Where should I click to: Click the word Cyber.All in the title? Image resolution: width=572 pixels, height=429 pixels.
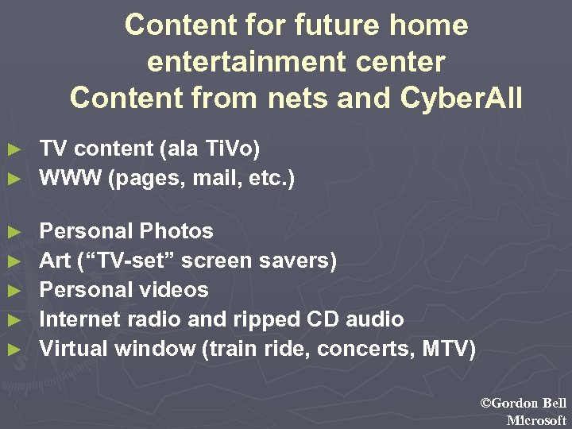tap(462, 99)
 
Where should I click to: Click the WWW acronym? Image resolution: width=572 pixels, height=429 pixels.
tap(71, 178)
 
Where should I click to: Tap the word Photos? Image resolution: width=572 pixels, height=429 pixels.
tap(176, 231)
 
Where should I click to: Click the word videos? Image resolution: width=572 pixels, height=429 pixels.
tap(176, 290)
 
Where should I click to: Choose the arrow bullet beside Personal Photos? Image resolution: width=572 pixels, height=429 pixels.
tap(12, 232)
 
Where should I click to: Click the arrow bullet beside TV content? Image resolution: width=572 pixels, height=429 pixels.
tap(12, 149)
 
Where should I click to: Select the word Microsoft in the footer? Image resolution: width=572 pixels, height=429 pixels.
tap(536, 420)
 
